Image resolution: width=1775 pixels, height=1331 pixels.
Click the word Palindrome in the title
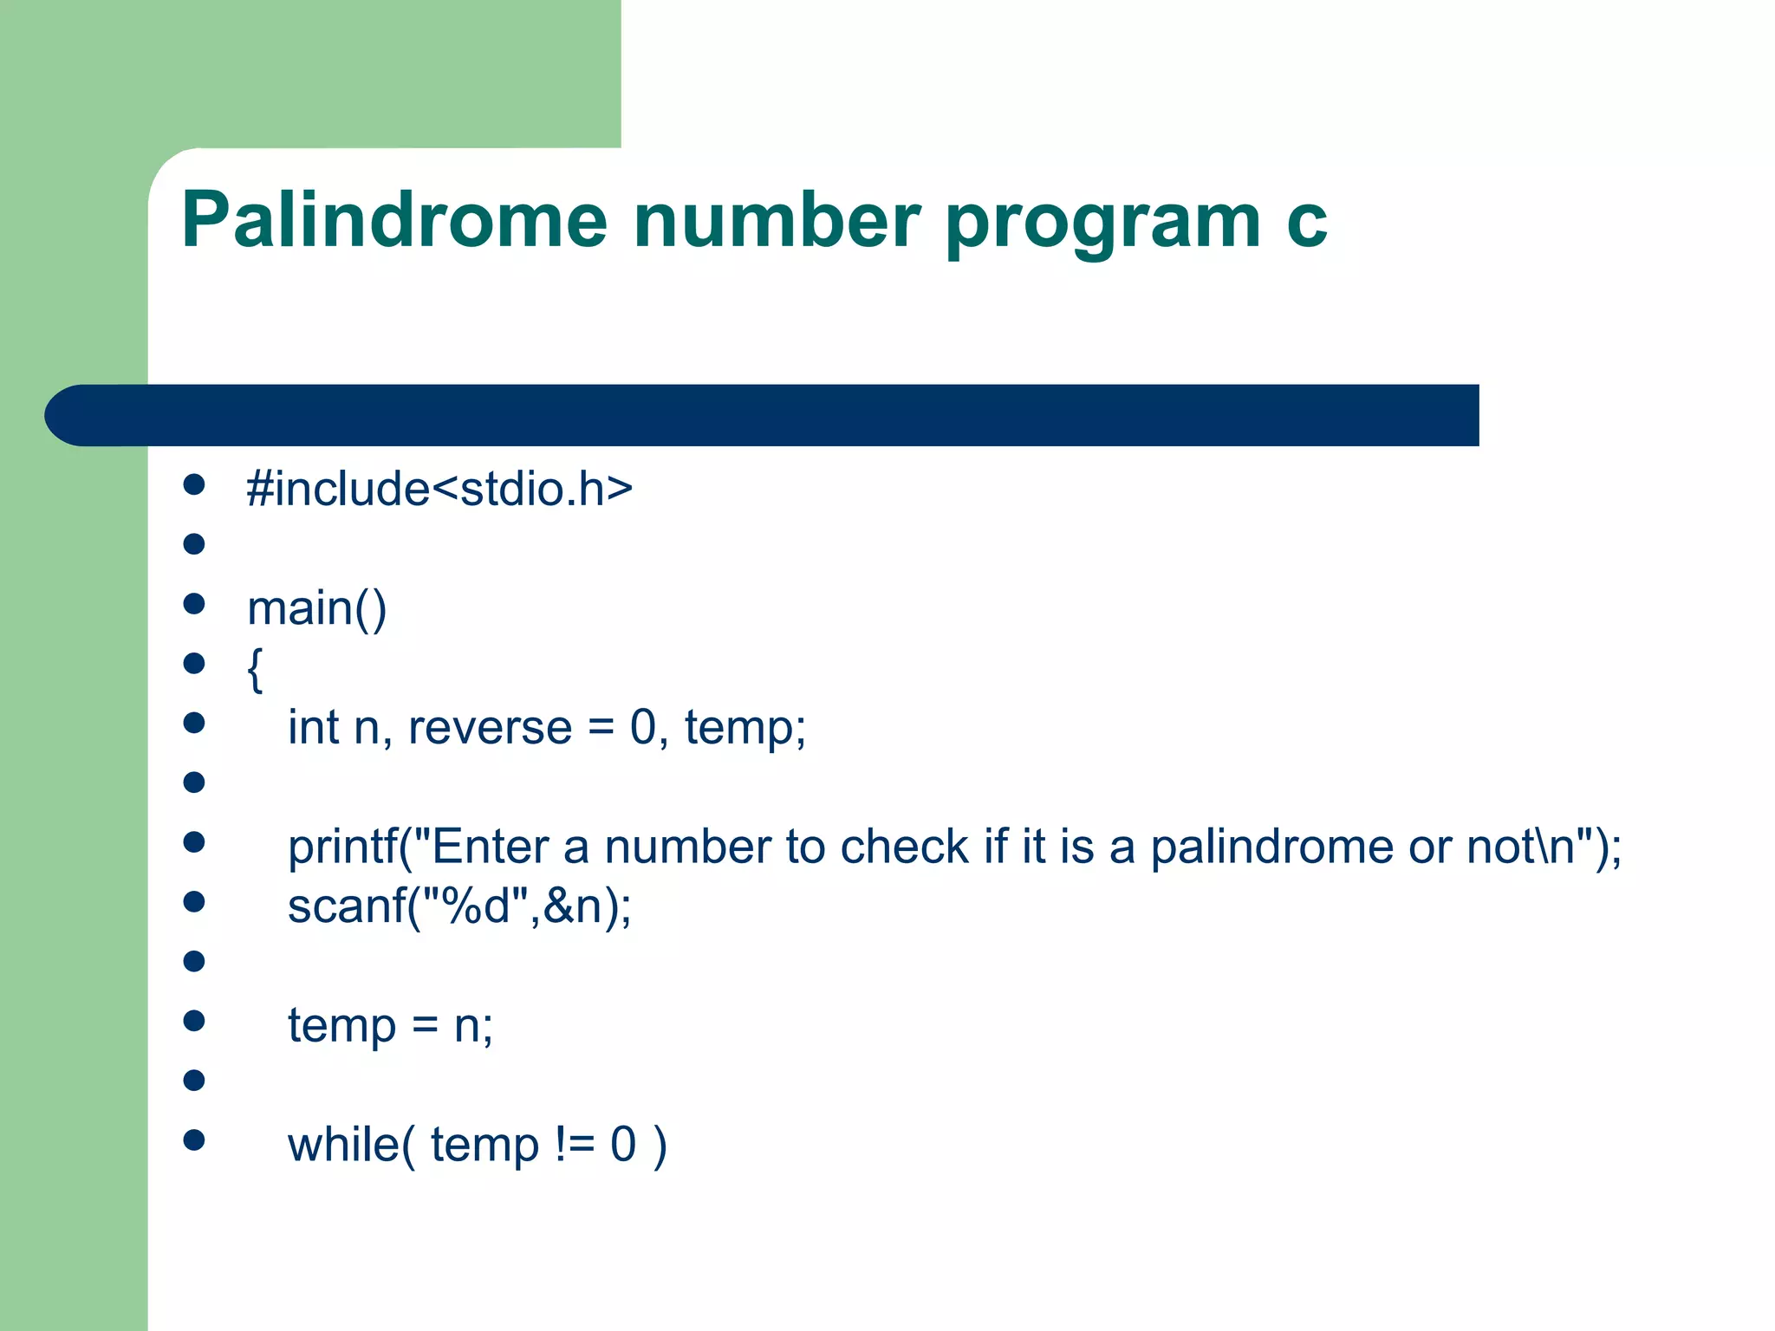pos(394,221)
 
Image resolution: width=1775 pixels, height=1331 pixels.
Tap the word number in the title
pos(777,221)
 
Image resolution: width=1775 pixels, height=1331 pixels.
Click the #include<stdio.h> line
pos(439,489)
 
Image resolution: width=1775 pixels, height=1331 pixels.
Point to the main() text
pos(316,608)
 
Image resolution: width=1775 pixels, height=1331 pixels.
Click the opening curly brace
pos(255,669)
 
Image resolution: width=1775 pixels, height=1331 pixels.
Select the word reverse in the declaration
pos(490,728)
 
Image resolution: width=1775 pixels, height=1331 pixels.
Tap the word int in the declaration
pos(313,728)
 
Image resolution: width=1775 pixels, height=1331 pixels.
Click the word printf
pos(342,847)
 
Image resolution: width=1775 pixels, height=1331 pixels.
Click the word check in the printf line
pos(904,847)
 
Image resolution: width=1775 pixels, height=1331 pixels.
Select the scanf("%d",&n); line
pos(459,907)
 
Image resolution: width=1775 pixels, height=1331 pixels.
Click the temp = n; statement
pos(390,1027)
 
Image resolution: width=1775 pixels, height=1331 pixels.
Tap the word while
pos(342,1145)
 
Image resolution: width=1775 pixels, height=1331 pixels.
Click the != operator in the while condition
pos(575,1145)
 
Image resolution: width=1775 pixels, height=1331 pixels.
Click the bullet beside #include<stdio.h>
pos(194,484)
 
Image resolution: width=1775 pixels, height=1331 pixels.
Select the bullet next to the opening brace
pos(194,664)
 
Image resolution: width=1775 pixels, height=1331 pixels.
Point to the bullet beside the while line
pos(194,1140)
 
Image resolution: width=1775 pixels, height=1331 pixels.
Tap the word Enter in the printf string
pos(490,847)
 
